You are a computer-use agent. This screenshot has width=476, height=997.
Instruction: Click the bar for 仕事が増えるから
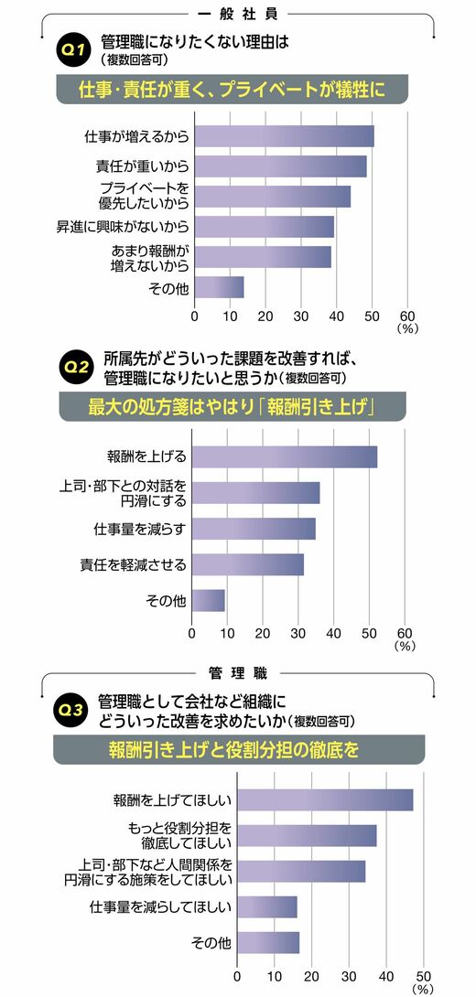coord(285,136)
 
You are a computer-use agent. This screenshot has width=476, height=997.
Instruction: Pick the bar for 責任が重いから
coord(281,166)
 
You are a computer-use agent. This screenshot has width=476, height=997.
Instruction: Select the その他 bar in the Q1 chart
coord(219,287)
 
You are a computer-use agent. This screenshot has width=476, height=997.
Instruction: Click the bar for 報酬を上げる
coord(285,457)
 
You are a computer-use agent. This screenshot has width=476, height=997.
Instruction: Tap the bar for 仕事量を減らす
coord(254,529)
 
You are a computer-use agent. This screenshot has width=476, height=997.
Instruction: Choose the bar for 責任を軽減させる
coord(247,564)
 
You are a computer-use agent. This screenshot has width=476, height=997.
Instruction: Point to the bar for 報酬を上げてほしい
coord(325,800)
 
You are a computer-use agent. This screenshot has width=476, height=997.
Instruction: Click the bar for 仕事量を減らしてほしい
coord(267,906)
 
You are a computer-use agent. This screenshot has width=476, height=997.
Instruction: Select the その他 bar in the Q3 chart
coord(268,942)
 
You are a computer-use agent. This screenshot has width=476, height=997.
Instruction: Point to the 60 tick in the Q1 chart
coord(407,316)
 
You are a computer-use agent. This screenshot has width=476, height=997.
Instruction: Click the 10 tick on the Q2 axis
coord(227,633)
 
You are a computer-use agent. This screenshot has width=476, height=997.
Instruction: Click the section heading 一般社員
coord(239,13)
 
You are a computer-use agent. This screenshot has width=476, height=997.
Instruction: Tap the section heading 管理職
coord(238,672)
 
